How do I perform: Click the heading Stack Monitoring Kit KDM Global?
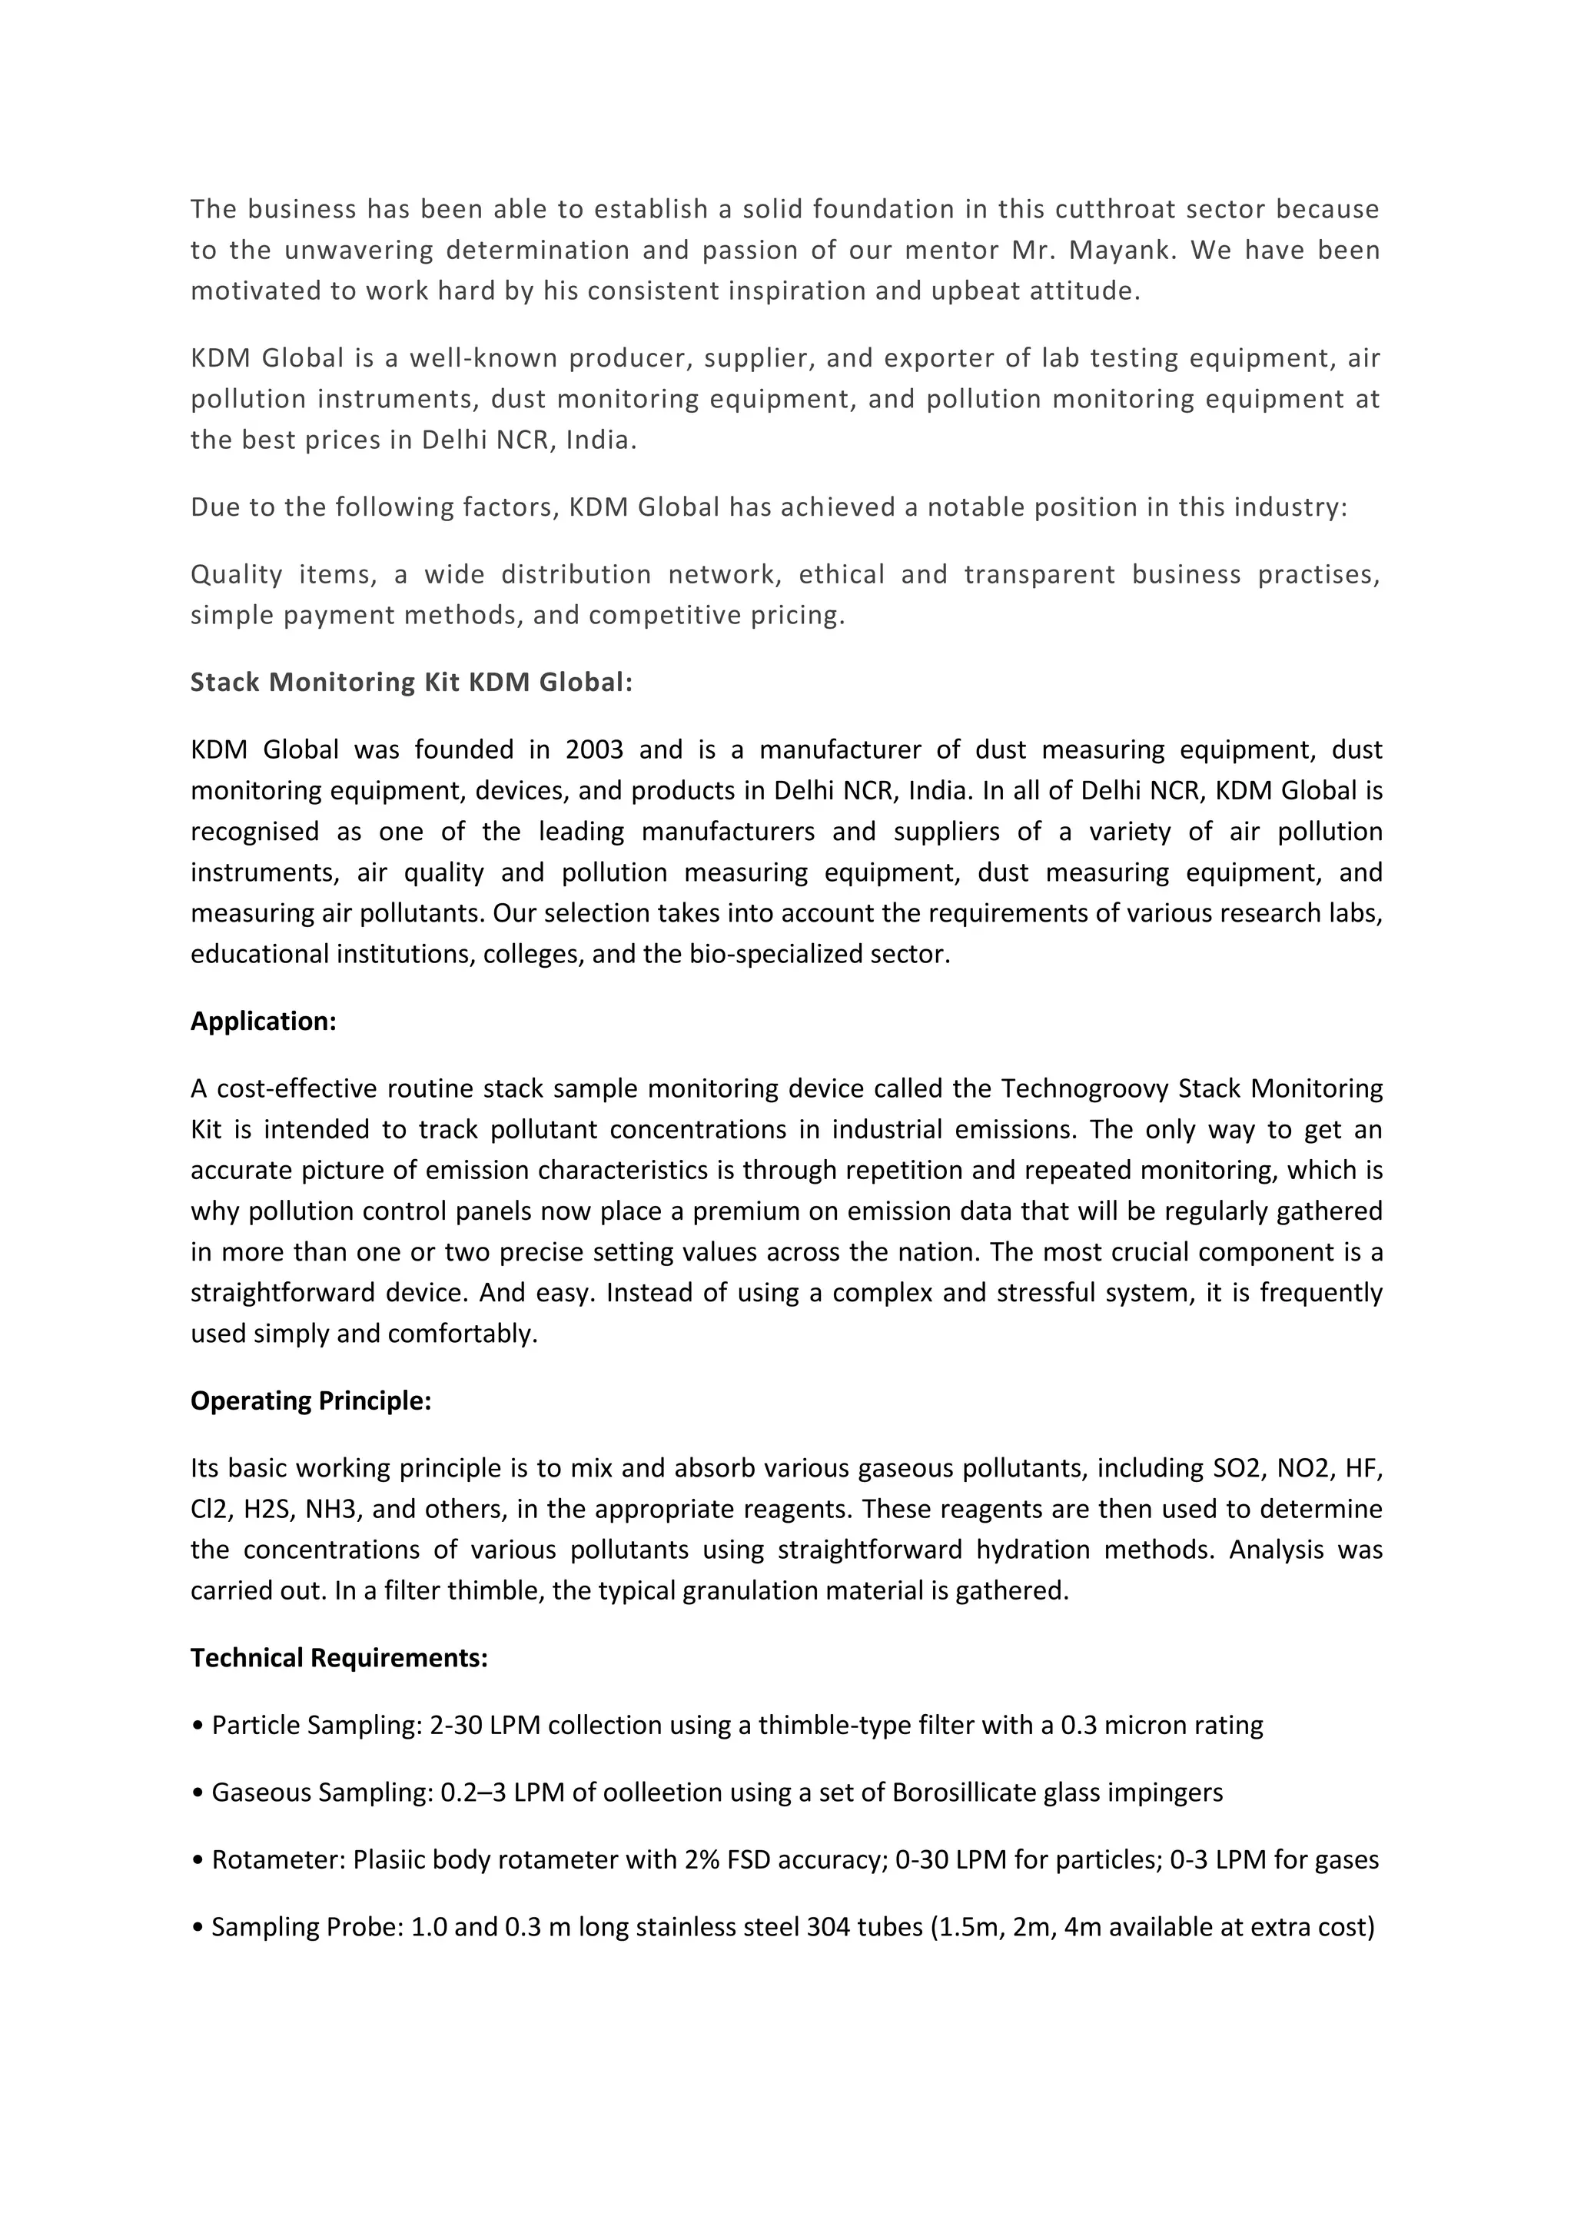pos(411,683)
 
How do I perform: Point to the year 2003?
pos(594,749)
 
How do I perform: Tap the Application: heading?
pos(263,1021)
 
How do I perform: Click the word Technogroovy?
pos(1085,1088)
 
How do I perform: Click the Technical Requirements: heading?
pos(338,1658)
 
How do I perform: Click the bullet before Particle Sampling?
pos(198,1726)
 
